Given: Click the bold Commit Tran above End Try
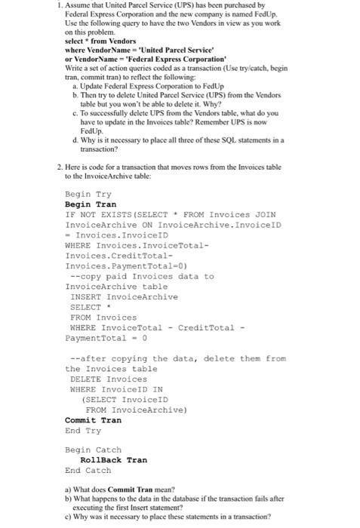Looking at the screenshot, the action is click(93, 419).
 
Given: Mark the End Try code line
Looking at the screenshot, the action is click(83, 430).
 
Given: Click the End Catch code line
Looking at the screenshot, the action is click(88, 470).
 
